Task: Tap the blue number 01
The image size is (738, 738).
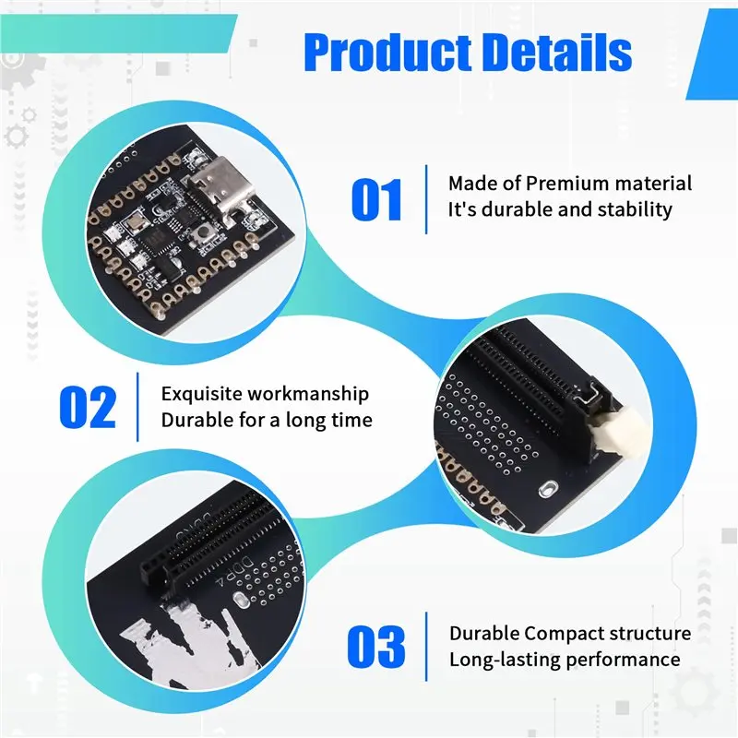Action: click(x=376, y=199)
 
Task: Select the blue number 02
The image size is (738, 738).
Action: click(x=88, y=407)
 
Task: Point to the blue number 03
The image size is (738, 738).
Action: click(x=376, y=647)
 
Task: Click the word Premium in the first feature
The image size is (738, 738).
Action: click(x=567, y=183)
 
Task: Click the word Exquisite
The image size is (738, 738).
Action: click(x=200, y=395)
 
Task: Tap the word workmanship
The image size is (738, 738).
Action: click(x=306, y=395)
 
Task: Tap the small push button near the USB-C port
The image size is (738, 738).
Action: click(x=202, y=232)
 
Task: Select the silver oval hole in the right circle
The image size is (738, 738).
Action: click(x=547, y=489)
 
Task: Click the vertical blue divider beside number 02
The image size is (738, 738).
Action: click(x=137, y=407)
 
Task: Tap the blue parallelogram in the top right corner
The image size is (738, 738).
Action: click(x=711, y=54)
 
